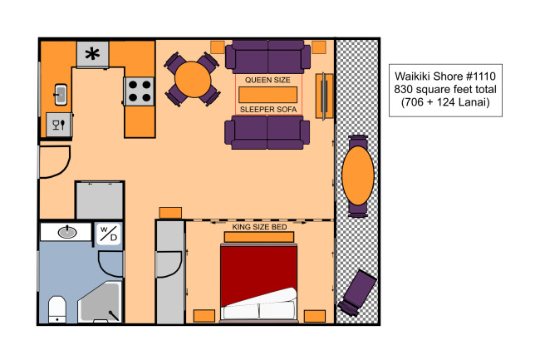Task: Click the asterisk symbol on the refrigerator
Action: (92, 54)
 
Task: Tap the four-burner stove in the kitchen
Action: (139, 91)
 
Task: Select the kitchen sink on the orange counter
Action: (61, 95)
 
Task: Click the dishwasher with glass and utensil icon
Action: (59, 125)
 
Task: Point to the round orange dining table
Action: (193, 79)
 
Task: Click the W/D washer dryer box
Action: (109, 234)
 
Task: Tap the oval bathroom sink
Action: (67, 232)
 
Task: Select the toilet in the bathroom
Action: (57, 309)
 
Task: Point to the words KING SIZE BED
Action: (259, 227)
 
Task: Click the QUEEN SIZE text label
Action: (268, 80)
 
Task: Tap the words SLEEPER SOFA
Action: (268, 110)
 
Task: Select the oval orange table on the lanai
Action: (358, 175)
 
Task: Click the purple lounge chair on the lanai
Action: (357, 293)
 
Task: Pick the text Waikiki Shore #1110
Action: (445, 76)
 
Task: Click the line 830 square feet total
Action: (445, 89)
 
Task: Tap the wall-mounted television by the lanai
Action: (324, 96)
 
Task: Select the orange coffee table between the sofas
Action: (268, 95)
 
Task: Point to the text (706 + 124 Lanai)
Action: (445, 102)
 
